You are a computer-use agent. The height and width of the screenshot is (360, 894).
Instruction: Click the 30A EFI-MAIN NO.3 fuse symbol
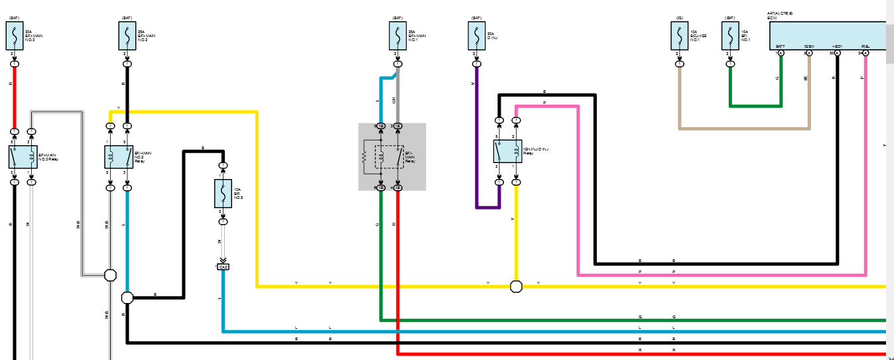pyautogui.click(x=15, y=35)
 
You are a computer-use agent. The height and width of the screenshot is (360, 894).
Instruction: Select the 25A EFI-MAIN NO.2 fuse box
pyautogui.click(x=127, y=35)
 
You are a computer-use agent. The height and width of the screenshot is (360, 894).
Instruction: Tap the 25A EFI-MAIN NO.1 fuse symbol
pyautogui.click(x=397, y=35)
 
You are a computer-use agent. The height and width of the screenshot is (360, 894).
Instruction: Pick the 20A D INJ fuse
pyautogui.click(x=476, y=35)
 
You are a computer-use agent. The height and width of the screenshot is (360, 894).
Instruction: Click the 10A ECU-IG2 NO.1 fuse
pyautogui.click(x=679, y=35)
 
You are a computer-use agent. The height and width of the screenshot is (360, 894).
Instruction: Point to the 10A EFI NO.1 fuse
pyautogui.click(x=730, y=35)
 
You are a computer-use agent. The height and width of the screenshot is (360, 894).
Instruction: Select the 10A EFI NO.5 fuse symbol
pyautogui.click(x=223, y=193)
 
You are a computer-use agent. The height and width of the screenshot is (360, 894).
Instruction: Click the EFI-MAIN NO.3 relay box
pyautogui.click(x=23, y=156)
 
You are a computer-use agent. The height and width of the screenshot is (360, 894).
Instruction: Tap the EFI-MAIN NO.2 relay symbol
pyautogui.click(x=119, y=156)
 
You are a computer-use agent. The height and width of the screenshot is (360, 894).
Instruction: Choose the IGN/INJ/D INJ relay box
pyautogui.click(x=507, y=151)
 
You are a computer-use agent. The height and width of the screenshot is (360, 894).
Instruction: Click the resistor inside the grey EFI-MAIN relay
pyautogui.click(x=365, y=157)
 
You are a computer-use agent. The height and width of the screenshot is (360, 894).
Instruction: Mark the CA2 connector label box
pyautogui.click(x=223, y=267)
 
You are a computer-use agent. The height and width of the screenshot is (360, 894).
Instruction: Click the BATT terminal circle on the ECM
pyautogui.click(x=781, y=52)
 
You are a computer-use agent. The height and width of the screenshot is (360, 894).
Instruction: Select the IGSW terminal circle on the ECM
pyautogui.click(x=809, y=52)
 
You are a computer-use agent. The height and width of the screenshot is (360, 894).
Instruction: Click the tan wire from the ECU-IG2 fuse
pyautogui.click(x=743, y=128)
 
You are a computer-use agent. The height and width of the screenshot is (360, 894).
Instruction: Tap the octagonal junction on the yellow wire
pyautogui.click(x=516, y=286)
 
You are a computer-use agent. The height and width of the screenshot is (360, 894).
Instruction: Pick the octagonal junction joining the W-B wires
pyautogui.click(x=111, y=274)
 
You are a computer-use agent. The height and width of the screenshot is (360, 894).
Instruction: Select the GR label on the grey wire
pyautogui.click(x=394, y=99)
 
